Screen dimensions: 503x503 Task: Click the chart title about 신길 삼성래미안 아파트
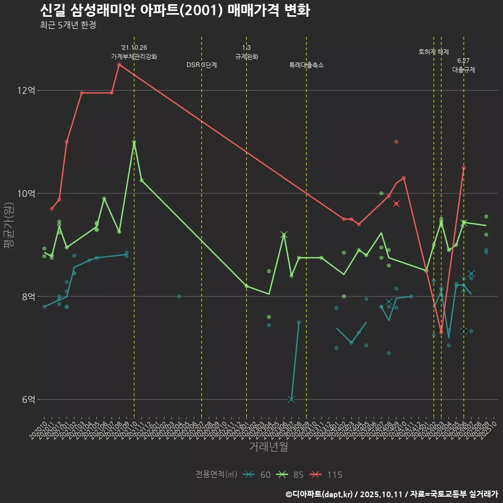pos(174,10)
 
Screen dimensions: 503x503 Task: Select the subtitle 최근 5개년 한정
pos(68,25)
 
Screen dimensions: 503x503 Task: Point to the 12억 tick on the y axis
pos(26,91)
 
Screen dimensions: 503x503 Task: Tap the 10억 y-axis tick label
pos(26,193)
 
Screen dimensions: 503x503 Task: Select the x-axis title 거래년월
pos(268,447)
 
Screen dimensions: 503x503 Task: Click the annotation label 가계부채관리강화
pos(134,57)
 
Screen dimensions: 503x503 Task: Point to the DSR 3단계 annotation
pos(202,65)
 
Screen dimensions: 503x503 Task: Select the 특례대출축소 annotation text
pos(307,65)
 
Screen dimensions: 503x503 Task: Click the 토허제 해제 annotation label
pos(434,52)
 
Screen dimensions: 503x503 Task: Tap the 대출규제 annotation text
pos(464,70)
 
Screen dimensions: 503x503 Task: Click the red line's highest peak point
pos(119,64)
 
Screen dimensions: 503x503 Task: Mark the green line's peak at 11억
pos(134,142)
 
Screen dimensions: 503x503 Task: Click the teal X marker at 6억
pos(291,399)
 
